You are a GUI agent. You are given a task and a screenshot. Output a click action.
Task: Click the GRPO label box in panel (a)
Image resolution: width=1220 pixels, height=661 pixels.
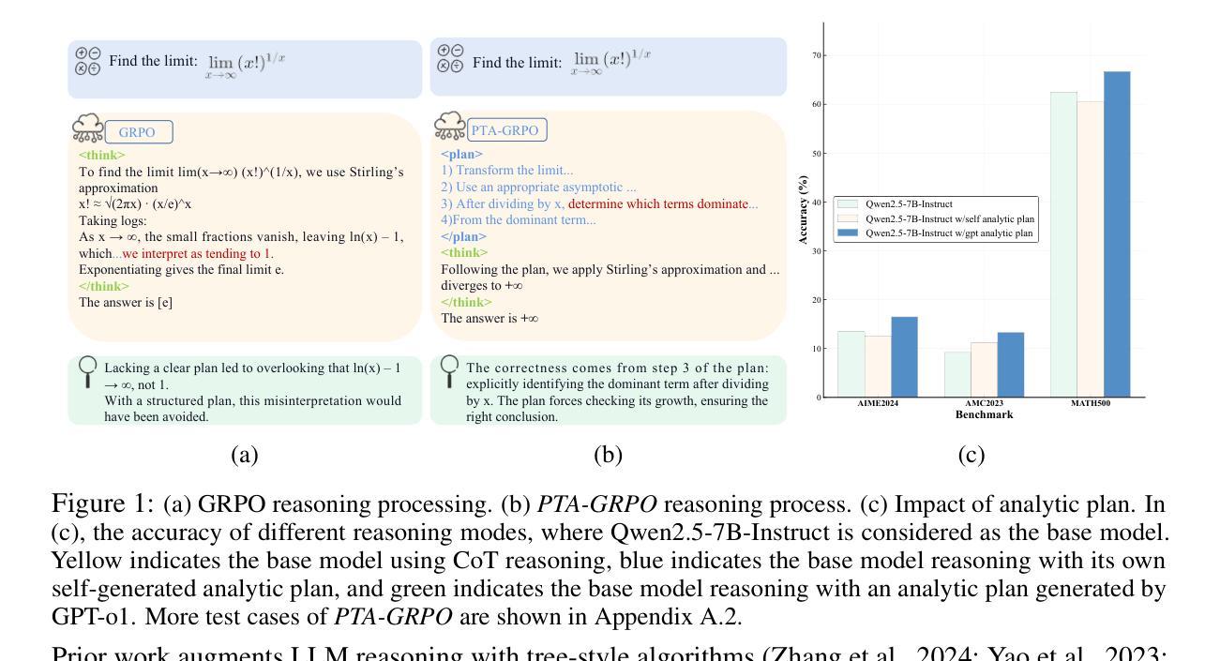pos(139,132)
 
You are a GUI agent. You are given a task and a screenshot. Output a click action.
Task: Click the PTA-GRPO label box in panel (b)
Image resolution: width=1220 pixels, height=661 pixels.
pos(506,130)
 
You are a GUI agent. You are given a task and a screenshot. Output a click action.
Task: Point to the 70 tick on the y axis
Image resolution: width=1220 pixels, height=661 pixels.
pos(816,55)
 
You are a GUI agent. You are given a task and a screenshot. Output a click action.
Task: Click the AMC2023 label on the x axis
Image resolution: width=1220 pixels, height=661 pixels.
pos(984,403)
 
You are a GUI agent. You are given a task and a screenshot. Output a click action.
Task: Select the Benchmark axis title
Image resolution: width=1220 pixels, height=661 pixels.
pos(984,413)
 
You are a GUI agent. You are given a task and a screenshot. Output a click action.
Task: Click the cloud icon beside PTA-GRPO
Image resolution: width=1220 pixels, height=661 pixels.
pos(450,127)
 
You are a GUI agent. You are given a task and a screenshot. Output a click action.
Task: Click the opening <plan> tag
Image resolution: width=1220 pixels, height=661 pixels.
pos(461,154)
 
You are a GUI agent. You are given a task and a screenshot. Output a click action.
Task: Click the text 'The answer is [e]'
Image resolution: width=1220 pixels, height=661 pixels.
pos(126,302)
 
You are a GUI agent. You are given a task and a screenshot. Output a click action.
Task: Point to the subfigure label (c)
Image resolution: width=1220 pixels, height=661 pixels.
pos(971,456)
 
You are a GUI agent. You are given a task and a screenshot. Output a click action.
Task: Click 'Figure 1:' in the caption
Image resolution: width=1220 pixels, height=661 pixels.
pos(102,504)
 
